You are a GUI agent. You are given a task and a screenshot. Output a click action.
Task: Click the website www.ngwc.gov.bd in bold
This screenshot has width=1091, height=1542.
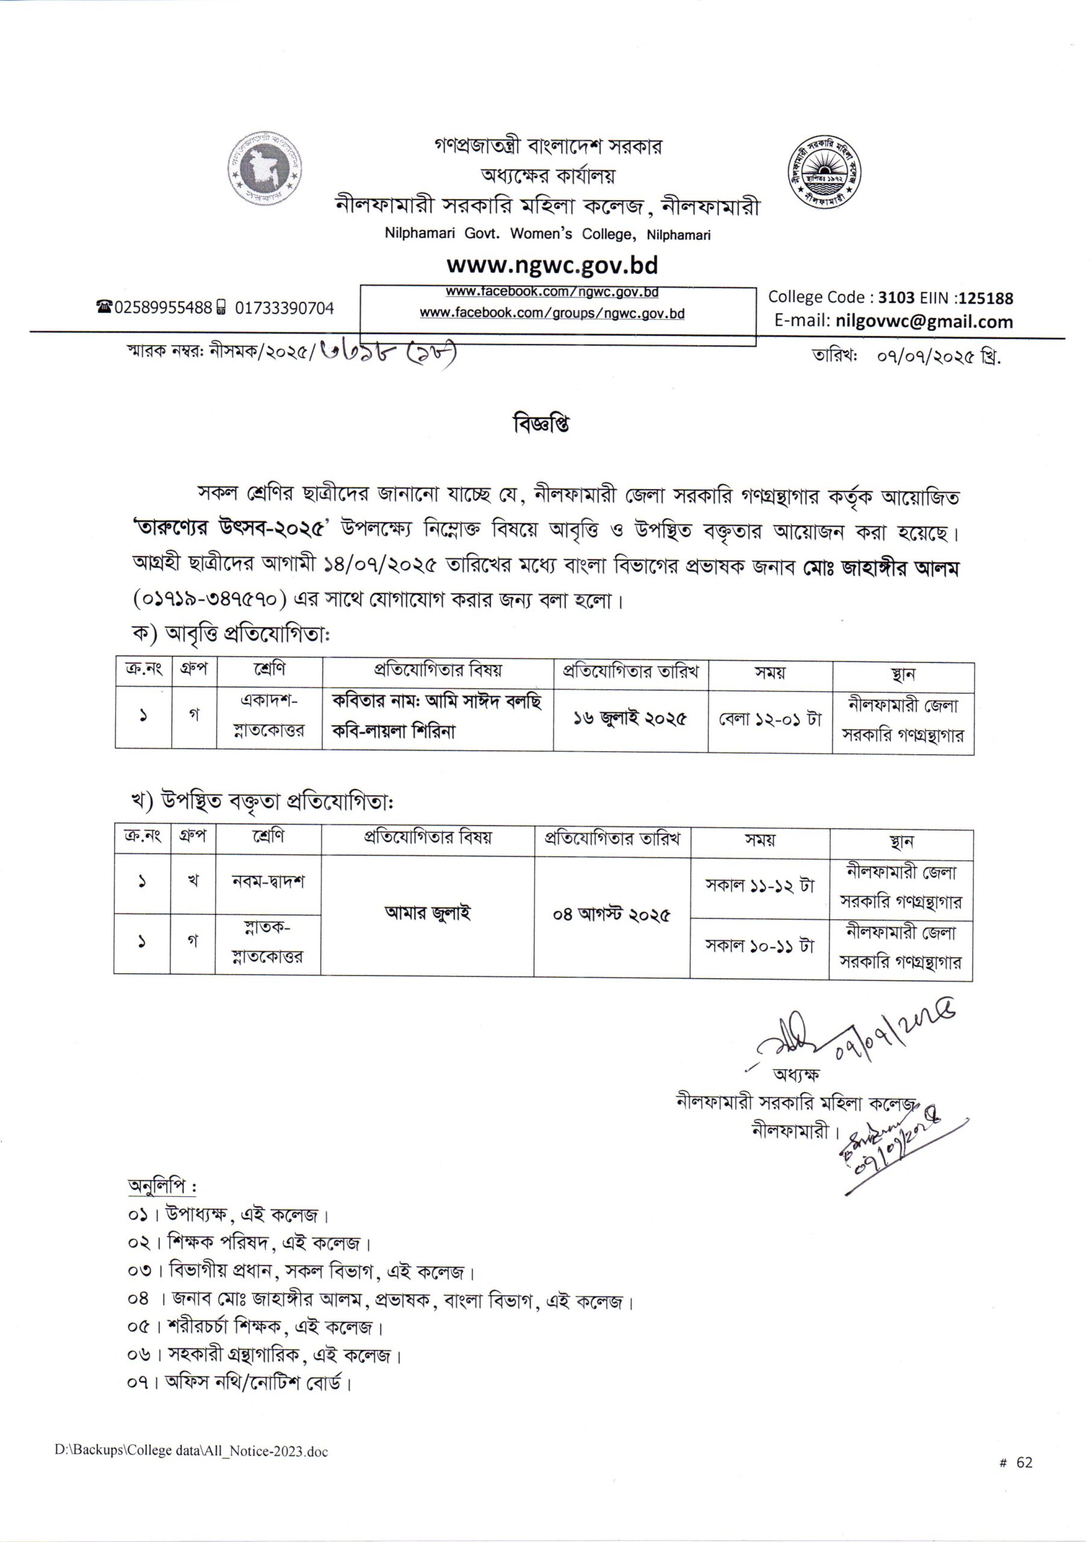(552, 266)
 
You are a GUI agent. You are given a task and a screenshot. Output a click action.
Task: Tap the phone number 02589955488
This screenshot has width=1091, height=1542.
(164, 308)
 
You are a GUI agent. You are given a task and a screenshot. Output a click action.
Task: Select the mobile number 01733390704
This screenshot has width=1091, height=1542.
(284, 308)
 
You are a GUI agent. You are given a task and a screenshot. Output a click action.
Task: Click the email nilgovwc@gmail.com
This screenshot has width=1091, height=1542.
(924, 321)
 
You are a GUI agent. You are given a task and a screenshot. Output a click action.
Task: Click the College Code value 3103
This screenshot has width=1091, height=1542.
(896, 298)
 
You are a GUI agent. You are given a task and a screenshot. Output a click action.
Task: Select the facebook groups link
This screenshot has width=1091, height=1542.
(552, 313)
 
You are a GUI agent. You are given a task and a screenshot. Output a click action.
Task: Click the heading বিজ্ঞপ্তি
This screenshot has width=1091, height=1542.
(541, 425)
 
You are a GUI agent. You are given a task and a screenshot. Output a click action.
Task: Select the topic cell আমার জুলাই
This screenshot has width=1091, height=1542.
(427, 913)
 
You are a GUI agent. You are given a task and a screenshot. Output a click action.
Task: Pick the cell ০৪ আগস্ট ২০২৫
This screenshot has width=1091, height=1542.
(611, 915)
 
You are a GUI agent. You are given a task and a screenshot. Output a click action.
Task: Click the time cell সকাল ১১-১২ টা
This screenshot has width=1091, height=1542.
(759, 885)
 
